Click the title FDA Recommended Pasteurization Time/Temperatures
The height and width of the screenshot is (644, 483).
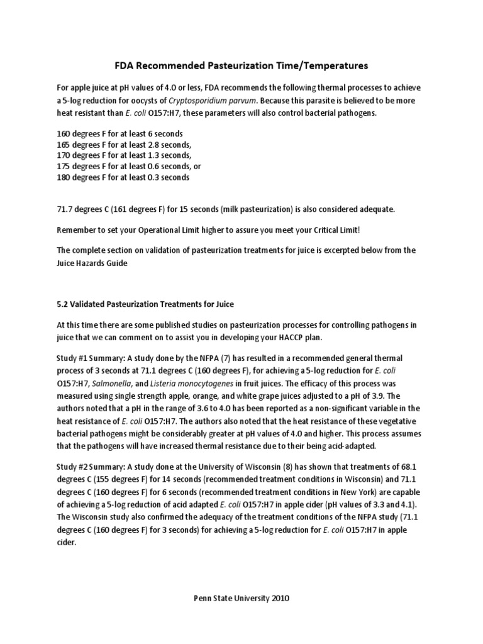click(241, 65)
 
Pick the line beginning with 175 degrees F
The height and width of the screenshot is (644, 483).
click(128, 166)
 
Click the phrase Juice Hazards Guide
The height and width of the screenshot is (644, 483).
click(92, 263)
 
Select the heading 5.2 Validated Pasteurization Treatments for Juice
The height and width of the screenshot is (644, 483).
click(145, 304)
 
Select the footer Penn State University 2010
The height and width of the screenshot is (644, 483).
click(241, 599)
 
